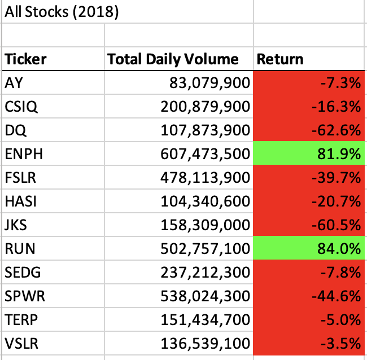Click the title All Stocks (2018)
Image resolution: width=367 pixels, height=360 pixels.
coord(62,12)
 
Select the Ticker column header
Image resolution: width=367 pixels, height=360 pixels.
coord(26,59)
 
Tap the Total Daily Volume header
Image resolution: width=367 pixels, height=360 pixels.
coord(173,59)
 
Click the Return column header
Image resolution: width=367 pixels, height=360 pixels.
coord(280,59)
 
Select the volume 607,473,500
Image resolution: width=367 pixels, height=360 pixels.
coord(209,154)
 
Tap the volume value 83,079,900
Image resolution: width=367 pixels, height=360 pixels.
coord(209,83)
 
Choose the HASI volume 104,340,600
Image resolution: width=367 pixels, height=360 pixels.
coord(209,201)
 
